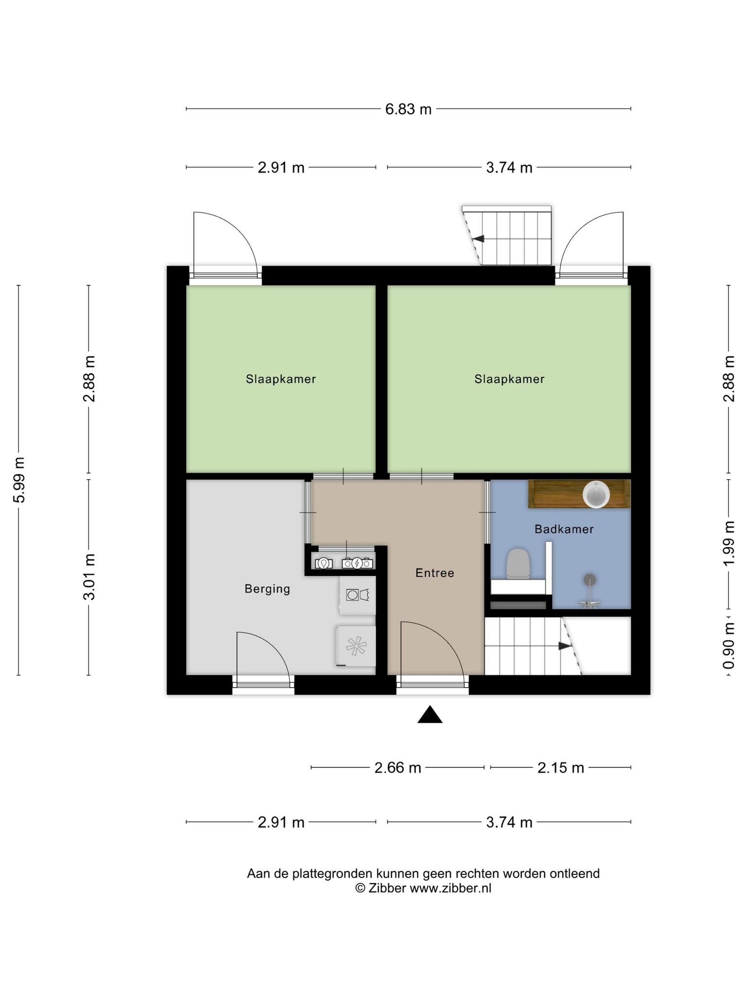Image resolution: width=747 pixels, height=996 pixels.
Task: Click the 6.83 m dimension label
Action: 408,109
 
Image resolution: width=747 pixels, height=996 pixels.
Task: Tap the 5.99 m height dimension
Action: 19,480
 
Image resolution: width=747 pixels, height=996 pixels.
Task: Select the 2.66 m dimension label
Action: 397,767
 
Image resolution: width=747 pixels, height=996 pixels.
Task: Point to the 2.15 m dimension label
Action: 560,767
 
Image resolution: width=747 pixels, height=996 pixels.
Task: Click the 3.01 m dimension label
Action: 89,577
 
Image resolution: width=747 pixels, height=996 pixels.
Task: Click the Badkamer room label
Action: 564,529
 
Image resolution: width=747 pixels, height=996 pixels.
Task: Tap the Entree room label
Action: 435,573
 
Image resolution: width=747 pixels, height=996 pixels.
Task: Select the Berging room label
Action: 267,589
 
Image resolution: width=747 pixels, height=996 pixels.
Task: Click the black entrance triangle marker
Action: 430,714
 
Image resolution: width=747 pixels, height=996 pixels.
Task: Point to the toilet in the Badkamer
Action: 517,564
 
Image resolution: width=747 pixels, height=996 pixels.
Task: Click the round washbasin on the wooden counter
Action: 596,495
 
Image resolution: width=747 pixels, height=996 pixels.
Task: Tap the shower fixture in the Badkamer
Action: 589,591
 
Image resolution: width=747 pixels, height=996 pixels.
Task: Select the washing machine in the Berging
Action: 357,595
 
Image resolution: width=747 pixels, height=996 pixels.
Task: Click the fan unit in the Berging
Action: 356,646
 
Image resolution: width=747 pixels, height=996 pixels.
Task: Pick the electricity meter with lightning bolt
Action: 357,563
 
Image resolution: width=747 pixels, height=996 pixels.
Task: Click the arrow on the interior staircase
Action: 564,646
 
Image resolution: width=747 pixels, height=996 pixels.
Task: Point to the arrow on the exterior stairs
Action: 479,239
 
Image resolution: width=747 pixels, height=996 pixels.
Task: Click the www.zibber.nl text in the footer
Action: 450,888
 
